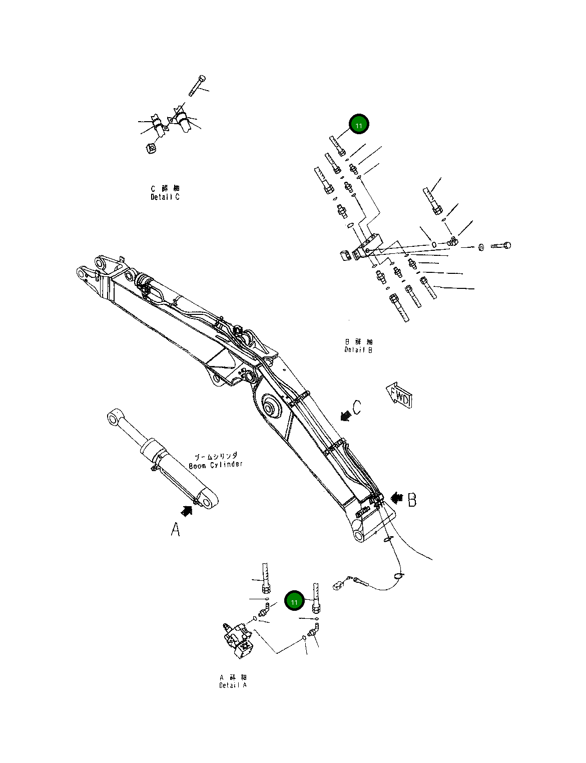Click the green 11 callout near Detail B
(x=358, y=124)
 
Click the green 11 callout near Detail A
(x=294, y=601)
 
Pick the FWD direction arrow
(x=399, y=396)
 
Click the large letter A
(x=175, y=529)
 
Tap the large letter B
(x=412, y=500)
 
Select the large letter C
(x=356, y=408)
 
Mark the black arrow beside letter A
(x=187, y=511)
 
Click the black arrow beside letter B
(x=397, y=498)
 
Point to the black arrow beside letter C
(x=345, y=415)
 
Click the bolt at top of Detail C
(x=197, y=85)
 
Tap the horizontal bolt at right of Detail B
(x=501, y=246)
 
